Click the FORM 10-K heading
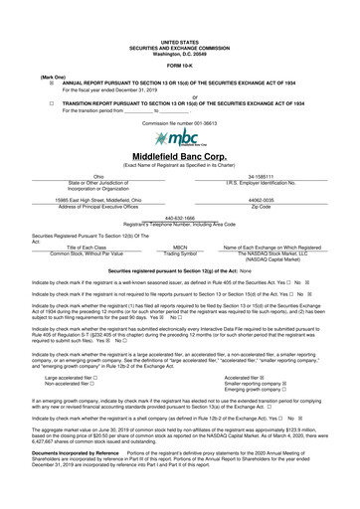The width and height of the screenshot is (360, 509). [x=180, y=64]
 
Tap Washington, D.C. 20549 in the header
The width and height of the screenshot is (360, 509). [x=180, y=51]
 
